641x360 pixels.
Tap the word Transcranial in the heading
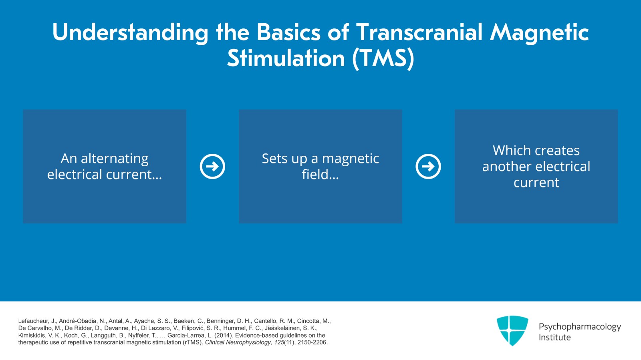point(419,32)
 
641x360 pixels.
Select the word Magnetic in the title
point(539,33)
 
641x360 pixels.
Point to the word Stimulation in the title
point(286,59)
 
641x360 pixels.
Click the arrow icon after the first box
point(212,166)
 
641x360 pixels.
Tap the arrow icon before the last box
point(428,166)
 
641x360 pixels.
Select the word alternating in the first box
point(115,159)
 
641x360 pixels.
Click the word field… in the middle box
point(320,175)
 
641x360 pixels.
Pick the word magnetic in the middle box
point(350,159)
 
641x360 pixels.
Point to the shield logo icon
point(512,330)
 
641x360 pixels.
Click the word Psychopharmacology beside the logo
point(579,327)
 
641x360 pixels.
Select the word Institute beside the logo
point(554,338)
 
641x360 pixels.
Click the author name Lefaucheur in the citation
point(33,321)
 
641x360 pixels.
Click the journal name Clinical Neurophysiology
point(238,343)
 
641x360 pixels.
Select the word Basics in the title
point(288,32)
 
